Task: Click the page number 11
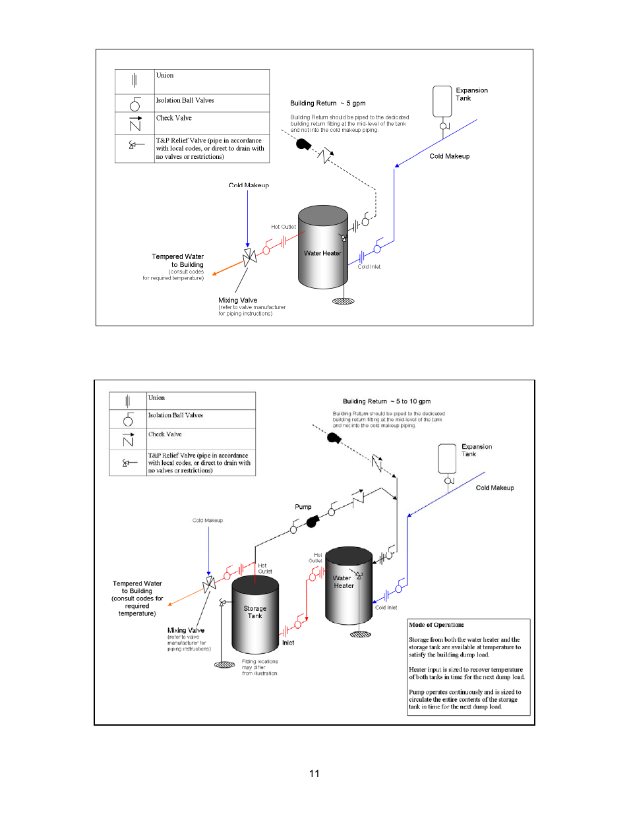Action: point(314,773)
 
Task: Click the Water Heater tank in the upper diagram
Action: point(322,248)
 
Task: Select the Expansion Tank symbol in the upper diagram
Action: point(442,102)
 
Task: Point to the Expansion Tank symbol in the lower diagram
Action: point(447,459)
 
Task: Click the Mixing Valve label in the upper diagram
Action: point(238,300)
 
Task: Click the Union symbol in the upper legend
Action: point(134,81)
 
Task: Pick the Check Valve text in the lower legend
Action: point(165,434)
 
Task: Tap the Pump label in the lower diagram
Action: point(303,507)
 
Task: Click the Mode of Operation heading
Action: point(436,625)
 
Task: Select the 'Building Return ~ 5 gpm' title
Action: point(328,103)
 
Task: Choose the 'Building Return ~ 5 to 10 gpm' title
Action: point(386,401)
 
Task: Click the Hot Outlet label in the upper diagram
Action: point(284,227)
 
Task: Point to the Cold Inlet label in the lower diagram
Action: point(386,608)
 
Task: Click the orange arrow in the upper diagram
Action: point(227,268)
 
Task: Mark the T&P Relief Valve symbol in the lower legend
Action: point(128,463)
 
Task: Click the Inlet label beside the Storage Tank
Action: point(288,643)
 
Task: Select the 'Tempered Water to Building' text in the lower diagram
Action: point(137,587)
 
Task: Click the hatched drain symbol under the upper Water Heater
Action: point(344,301)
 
